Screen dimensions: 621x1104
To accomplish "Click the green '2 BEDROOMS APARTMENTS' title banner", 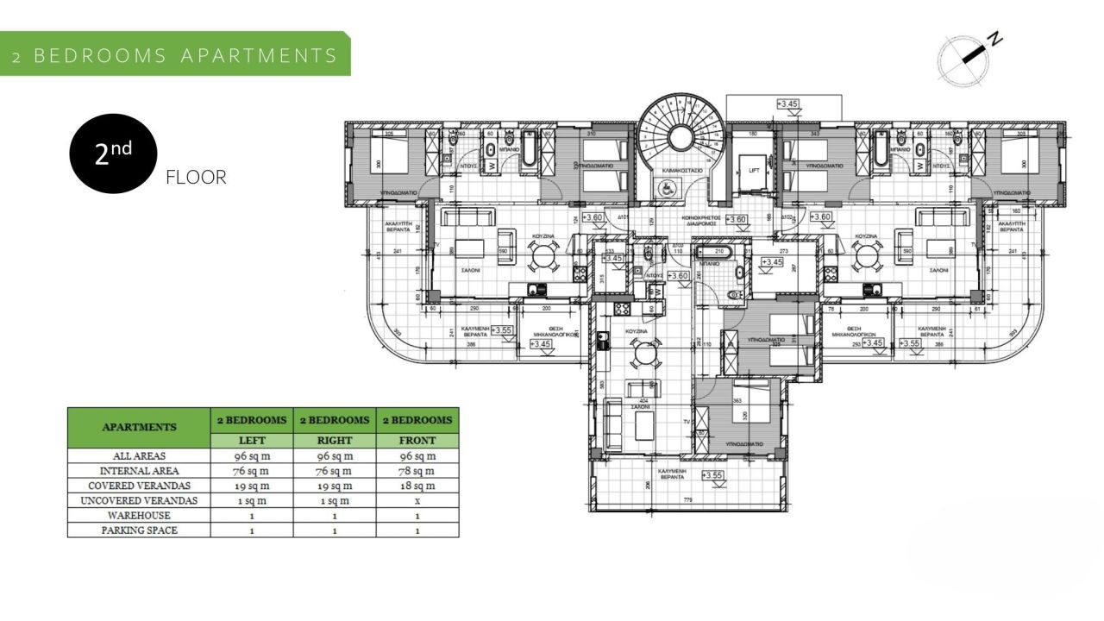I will [175, 55].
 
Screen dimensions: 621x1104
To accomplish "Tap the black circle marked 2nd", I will [113, 154].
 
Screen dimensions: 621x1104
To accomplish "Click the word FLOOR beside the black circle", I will [196, 178].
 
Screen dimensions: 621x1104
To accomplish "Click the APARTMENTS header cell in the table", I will [139, 427].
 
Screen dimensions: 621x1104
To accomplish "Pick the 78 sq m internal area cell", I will [417, 471].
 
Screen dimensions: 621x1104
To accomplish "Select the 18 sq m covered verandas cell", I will [417, 486].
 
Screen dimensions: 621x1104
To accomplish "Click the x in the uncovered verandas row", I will [417, 500].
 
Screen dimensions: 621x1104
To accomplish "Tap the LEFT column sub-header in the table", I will [251, 441].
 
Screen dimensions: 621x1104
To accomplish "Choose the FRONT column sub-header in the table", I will [417, 441].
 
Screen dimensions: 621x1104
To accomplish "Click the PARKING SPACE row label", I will [139, 530].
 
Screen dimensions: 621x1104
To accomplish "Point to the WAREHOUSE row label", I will [139, 516].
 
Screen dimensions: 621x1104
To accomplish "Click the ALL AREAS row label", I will [139, 456].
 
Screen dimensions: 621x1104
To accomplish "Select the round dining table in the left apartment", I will [544, 254].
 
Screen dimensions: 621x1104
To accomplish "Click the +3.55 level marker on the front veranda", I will [712, 475].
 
